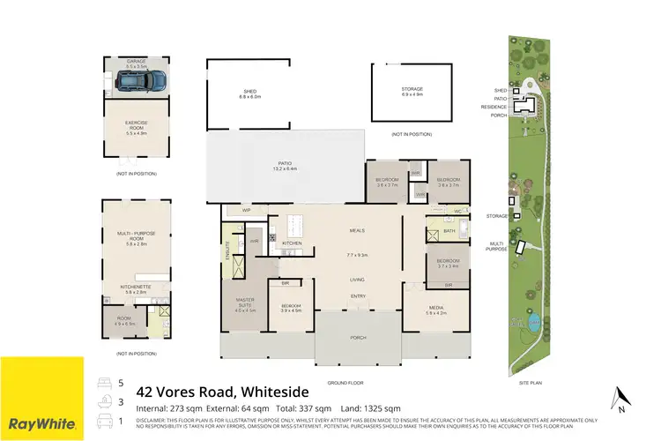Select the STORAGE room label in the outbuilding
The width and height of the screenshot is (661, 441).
412,89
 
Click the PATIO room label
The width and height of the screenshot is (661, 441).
285,165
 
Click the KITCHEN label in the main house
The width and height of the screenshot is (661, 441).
292,243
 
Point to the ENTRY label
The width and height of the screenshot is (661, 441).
357,296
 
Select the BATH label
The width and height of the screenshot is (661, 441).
449,231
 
